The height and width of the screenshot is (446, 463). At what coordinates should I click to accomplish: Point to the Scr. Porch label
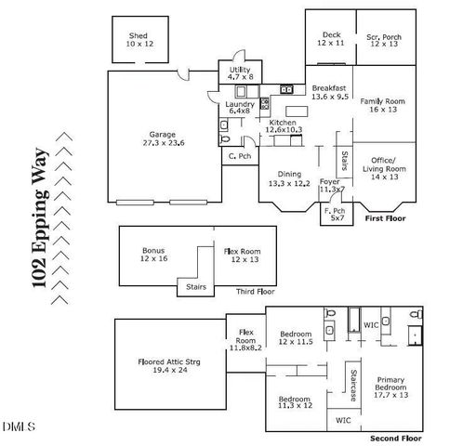pos(383,39)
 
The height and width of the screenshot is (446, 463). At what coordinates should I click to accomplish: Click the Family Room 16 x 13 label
pos(383,104)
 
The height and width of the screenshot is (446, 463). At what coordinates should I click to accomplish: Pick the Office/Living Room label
pos(383,170)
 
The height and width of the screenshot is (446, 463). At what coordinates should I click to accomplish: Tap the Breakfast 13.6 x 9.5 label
pos(329,91)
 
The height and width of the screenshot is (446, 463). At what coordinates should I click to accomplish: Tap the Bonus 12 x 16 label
pos(153,255)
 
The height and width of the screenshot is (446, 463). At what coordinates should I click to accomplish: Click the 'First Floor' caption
pos(387,218)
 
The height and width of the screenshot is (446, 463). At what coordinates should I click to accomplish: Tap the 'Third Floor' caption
pos(254,292)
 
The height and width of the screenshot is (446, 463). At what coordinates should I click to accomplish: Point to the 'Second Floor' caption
pos(396,437)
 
